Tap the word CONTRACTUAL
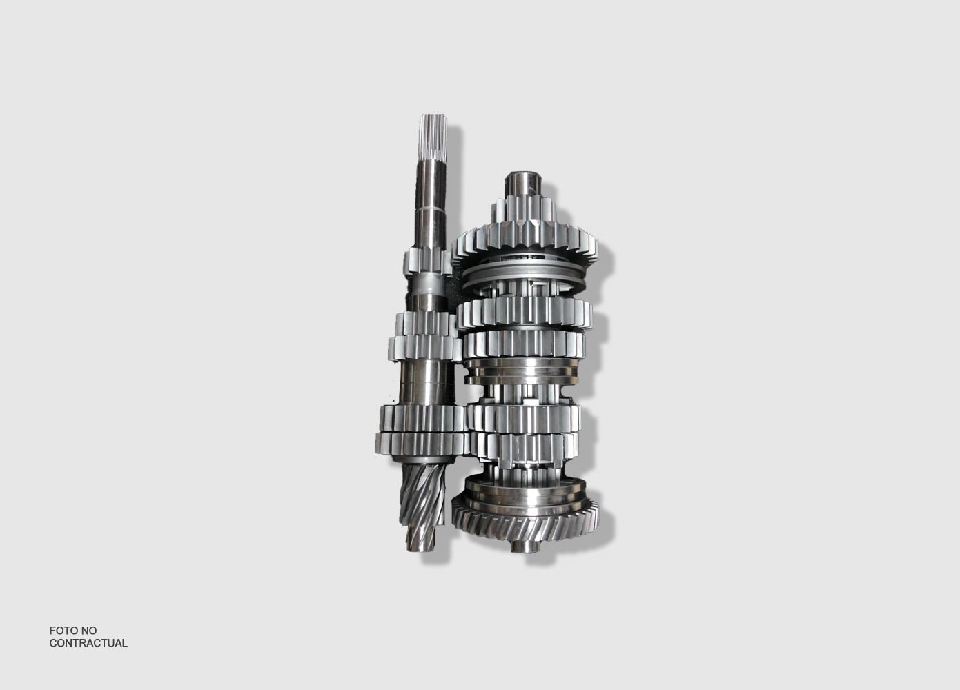coord(88,643)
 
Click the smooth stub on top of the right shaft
coord(524,185)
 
